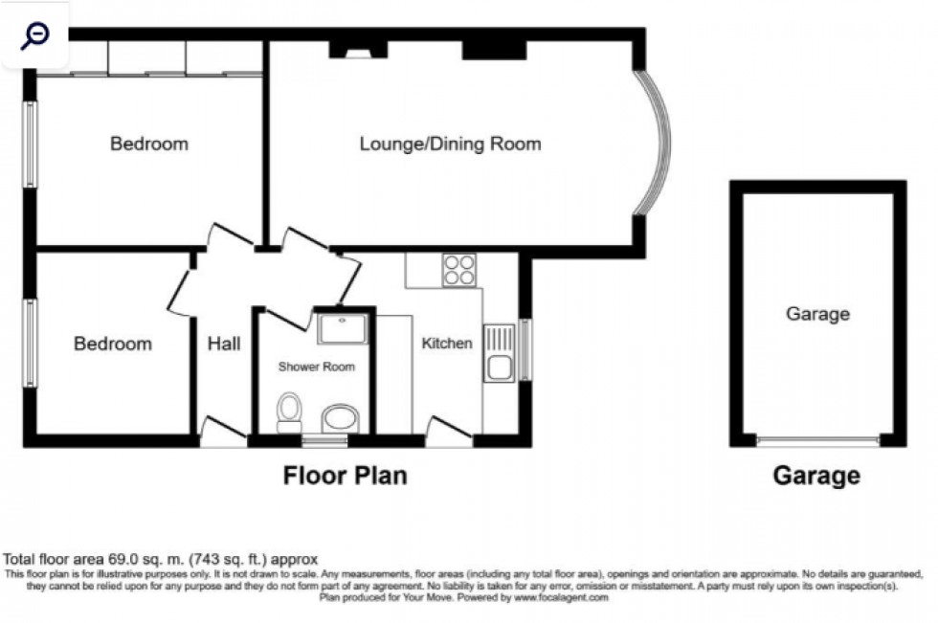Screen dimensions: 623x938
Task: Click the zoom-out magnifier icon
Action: pyautogui.click(x=35, y=36)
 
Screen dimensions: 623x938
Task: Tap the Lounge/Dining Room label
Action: pyautogui.click(x=450, y=145)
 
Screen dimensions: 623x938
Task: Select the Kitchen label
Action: pyautogui.click(x=447, y=344)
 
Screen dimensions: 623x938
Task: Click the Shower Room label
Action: pyautogui.click(x=316, y=367)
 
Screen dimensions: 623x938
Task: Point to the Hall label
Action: pyautogui.click(x=224, y=344)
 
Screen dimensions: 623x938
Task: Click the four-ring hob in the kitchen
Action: pyautogui.click(x=459, y=269)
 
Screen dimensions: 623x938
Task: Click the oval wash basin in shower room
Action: pyautogui.click(x=340, y=418)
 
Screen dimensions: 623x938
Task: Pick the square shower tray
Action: pyautogui.click(x=342, y=329)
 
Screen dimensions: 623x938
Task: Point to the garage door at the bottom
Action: pyautogui.click(x=817, y=441)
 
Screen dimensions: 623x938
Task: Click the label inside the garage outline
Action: pyautogui.click(x=817, y=314)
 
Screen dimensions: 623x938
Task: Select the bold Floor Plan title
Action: pyautogui.click(x=345, y=476)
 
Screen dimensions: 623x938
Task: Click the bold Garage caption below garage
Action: pyautogui.click(x=816, y=476)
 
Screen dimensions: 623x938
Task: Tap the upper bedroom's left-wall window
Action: pyautogui.click(x=30, y=145)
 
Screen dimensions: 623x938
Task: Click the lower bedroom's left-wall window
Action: pyautogui.click(x=30, y=344)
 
